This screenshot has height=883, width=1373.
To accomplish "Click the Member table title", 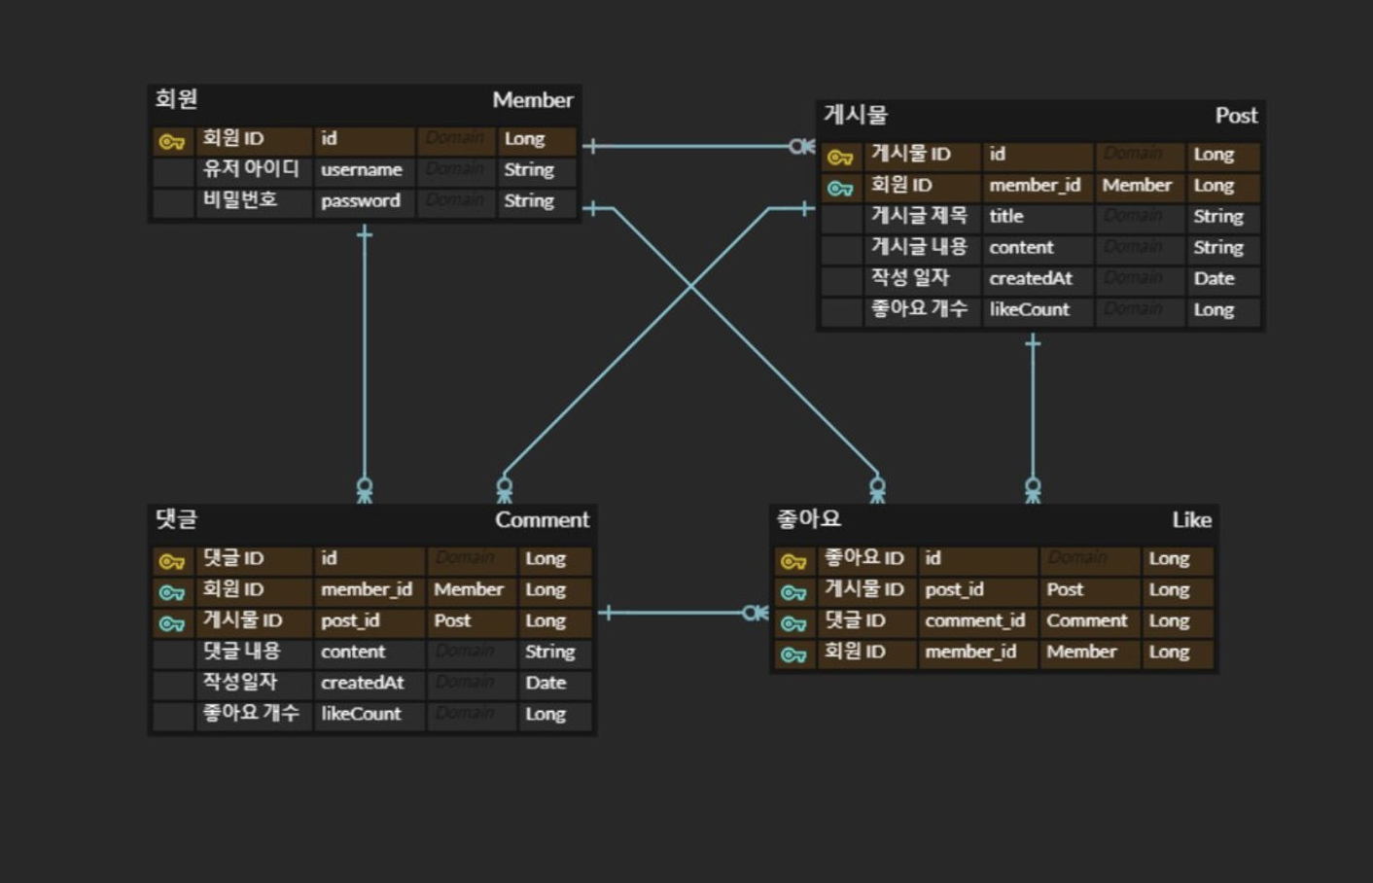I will tap(532, 100).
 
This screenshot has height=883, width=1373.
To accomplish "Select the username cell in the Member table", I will tap(362, 170).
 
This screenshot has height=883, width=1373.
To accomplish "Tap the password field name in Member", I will tap(361, 201).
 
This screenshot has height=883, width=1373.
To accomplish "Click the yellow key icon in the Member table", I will tap(172, 142).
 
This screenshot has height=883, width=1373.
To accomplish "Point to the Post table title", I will tap(1236, 116).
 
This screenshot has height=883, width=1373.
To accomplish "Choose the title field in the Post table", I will tap(1006, 217).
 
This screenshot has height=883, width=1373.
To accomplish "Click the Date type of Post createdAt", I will tap(1214, 279).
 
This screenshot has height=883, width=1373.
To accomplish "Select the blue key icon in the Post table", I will tap(840, 188).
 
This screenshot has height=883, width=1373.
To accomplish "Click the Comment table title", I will tap(542, 520).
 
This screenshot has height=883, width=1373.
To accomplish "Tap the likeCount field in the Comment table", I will tap(361, 715).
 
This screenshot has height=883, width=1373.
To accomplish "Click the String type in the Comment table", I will tap(549, 653).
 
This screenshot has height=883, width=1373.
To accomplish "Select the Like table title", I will tap(1191, 520).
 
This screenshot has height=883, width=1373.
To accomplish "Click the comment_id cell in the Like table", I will tap(974, 621).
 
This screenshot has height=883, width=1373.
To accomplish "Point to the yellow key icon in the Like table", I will tap(793, 562).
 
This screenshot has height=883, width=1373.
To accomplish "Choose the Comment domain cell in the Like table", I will tap(1086, 621).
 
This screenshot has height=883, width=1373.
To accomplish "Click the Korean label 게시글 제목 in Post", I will tap(919, 216).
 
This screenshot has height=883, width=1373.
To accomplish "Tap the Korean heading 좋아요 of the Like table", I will tap(809, 519).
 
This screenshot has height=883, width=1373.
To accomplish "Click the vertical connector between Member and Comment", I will tap(365, 360).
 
